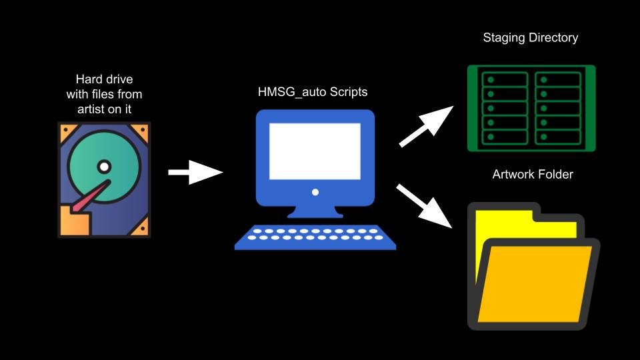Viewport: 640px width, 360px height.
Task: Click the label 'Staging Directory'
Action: point(530,38)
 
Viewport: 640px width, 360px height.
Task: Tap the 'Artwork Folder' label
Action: point(533,175)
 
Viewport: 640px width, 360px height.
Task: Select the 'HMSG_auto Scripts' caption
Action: point(313,92)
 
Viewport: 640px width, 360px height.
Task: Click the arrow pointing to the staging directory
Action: point(425,127)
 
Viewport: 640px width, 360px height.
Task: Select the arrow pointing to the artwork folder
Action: point(425,205)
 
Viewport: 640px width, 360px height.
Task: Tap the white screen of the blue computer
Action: point(315,151)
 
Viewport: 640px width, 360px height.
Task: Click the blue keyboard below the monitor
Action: point(315,237)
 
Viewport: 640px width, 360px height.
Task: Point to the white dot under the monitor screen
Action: point(315,192)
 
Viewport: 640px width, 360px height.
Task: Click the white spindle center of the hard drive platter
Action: point(103,166)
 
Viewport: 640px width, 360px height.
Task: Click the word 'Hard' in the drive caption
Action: point(89,79)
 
